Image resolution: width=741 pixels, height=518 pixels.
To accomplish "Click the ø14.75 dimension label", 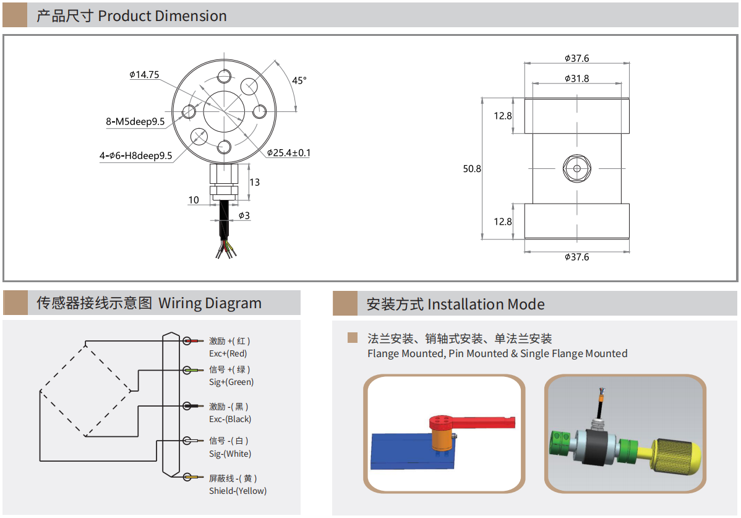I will coord(144,75).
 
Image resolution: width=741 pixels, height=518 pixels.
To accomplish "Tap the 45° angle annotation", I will coord(299,80).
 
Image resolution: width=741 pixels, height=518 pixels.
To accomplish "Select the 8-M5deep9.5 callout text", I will coord(135,122).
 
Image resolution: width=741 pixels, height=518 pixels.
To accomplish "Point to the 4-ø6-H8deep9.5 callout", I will coord(135,156).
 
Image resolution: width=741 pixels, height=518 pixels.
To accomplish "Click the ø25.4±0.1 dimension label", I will coord(289,153).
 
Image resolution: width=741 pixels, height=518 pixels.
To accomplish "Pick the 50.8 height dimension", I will coord(472,168).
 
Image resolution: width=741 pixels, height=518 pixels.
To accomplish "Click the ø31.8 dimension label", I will coord(576,79).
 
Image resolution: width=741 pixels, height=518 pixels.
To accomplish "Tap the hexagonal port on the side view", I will coord(577,168).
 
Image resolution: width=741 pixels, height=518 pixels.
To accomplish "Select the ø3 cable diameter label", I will coord(244,215).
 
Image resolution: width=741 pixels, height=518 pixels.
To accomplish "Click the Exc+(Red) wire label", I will coord(228,354).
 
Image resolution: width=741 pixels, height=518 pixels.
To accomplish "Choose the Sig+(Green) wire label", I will coord(231,382).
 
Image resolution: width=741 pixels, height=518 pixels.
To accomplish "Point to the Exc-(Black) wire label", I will coord(230,420).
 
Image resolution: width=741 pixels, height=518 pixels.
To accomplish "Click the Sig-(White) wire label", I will coord(230,454).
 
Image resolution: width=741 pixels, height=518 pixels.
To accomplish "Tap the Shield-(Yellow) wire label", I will coord(238,491).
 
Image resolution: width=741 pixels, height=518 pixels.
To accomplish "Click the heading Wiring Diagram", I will coord(210,303).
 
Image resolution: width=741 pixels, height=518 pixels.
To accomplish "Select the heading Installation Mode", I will coord(486,304).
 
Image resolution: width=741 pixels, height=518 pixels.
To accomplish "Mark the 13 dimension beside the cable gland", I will coord(255,182).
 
